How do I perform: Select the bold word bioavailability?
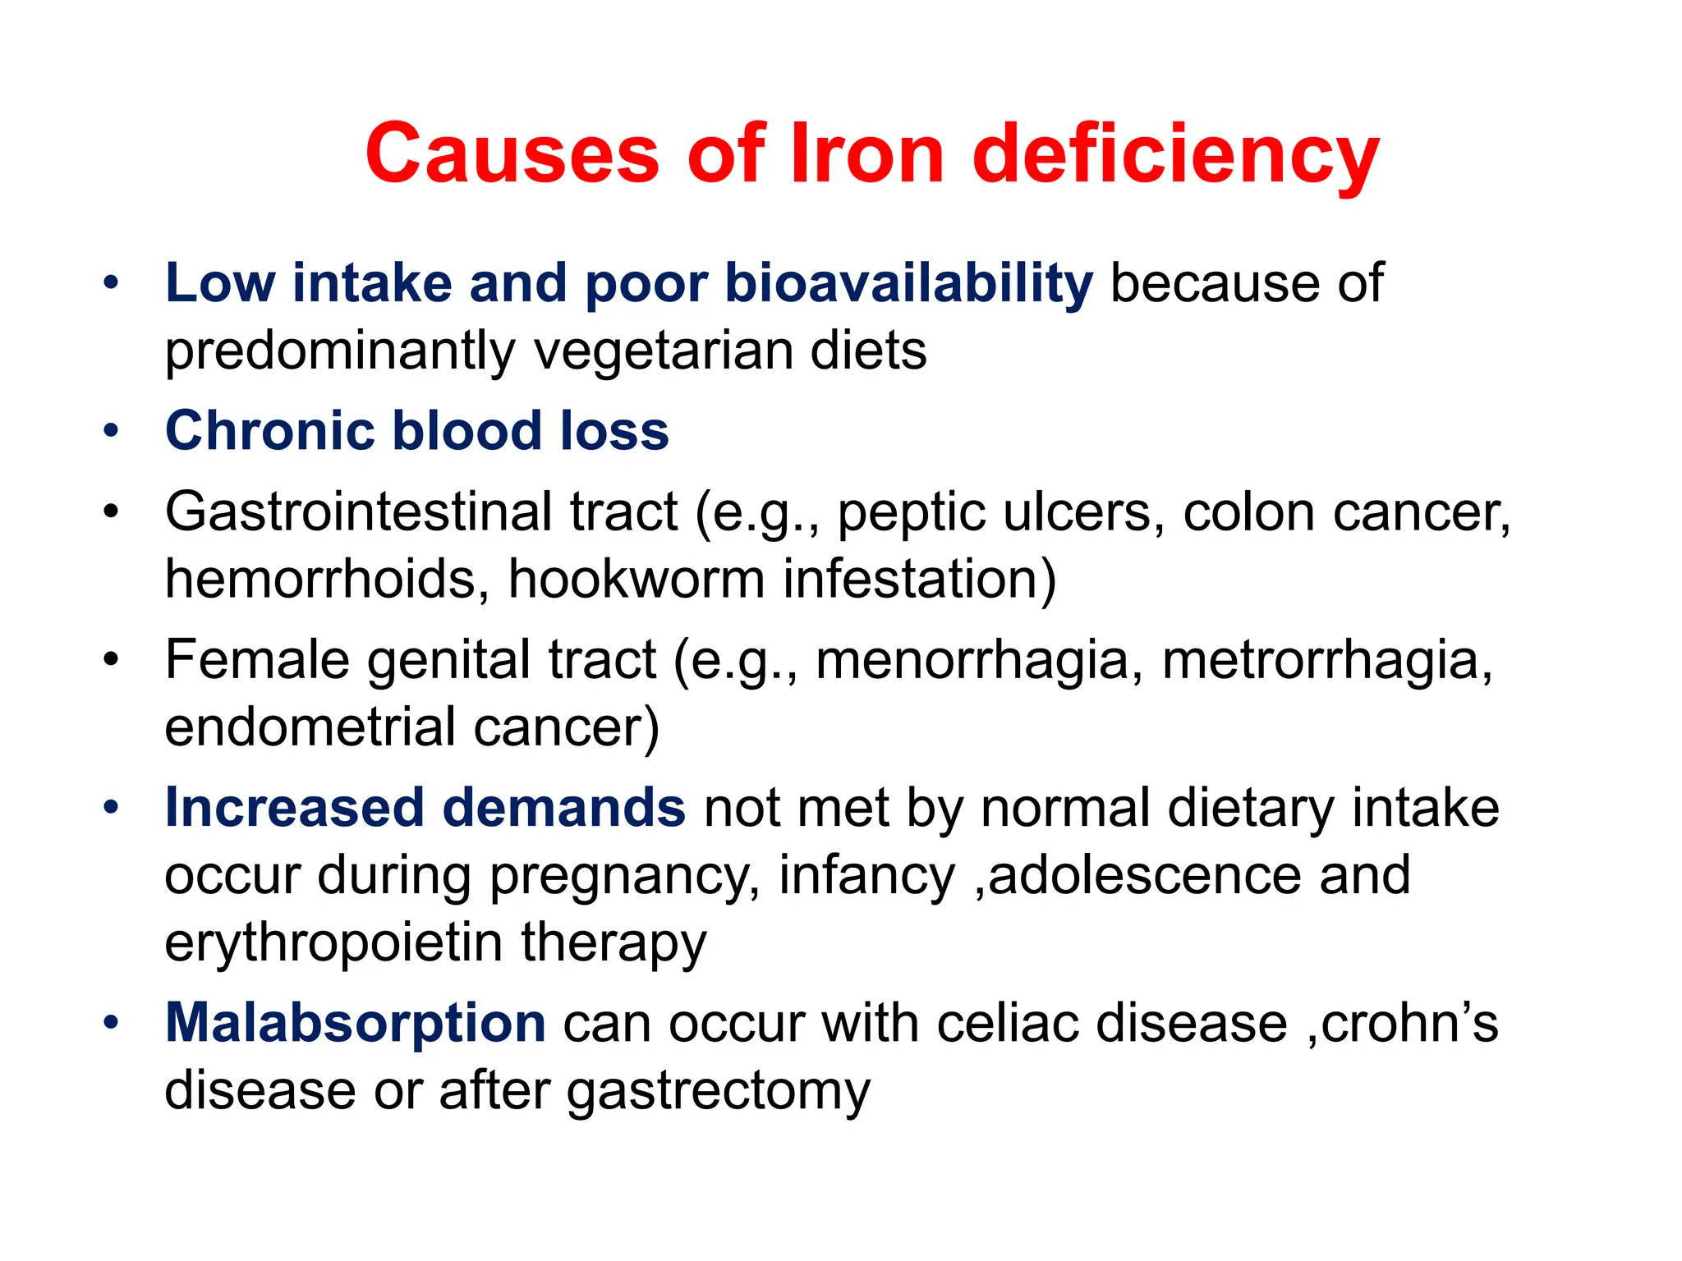(x=909, y=283)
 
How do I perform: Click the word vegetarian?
(x=664, y=351)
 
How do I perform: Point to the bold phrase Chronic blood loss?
(x=417, y=431)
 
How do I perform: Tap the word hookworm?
(x=636, y=579)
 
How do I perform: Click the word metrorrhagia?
(x=1326, y=661)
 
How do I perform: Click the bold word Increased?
(x=295, y=808)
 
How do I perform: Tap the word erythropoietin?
(x=333, y=942)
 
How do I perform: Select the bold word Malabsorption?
(x=355, y=1025)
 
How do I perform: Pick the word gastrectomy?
(x=718, y=1092)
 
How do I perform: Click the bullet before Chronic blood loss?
(x=112, y=431)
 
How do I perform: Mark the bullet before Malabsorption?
(x=112, y=1024)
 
